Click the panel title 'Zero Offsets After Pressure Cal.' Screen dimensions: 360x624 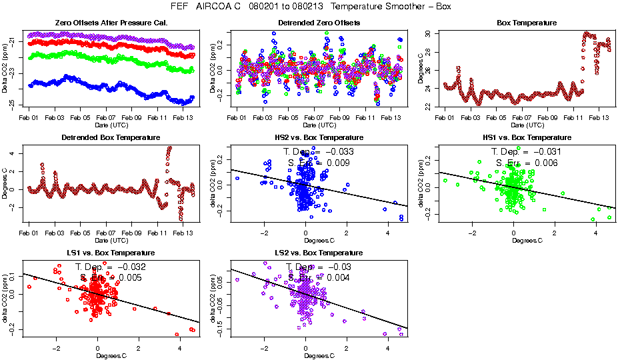tap(111, 23)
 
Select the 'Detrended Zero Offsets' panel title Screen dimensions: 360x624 tap(319, 23)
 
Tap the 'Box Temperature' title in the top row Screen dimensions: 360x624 tap(527, 23)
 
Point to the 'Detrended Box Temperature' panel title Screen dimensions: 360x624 tap(111, 138)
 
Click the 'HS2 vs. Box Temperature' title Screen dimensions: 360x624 tap(319, 138)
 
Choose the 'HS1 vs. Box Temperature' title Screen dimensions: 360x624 tap(527, 138)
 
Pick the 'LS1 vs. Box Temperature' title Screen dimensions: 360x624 tap(111, 253)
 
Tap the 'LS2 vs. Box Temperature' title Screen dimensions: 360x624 tap(319, 253)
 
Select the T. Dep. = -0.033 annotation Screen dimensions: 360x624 tap(319, 152)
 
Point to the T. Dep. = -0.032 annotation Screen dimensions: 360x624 tap(111, 267)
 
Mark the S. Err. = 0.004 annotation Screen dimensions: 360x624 tap(319, 278)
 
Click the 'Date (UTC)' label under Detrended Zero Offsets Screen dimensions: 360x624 tap(319, 125)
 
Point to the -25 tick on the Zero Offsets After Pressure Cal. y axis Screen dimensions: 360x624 tap(14, 105)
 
